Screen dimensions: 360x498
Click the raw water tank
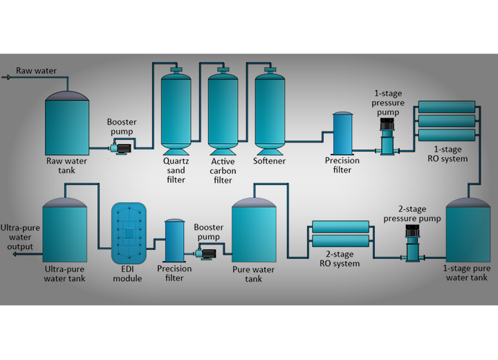(x=67, y=125)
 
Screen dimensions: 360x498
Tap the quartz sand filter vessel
(x=176, y=111)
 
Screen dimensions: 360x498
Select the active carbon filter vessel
(x=223, y=111)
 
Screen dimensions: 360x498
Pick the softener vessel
(x=270, y=111)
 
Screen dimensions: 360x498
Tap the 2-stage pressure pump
(x=412, y=242)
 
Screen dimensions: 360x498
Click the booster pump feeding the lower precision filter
(x=205, y=253)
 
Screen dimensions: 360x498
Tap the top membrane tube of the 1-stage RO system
(x=447, y=107)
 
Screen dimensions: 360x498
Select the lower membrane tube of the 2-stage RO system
(x=340, y=241)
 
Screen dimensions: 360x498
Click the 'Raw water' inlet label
(x=36, y=71)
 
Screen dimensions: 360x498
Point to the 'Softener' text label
(x=269, y=161)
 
